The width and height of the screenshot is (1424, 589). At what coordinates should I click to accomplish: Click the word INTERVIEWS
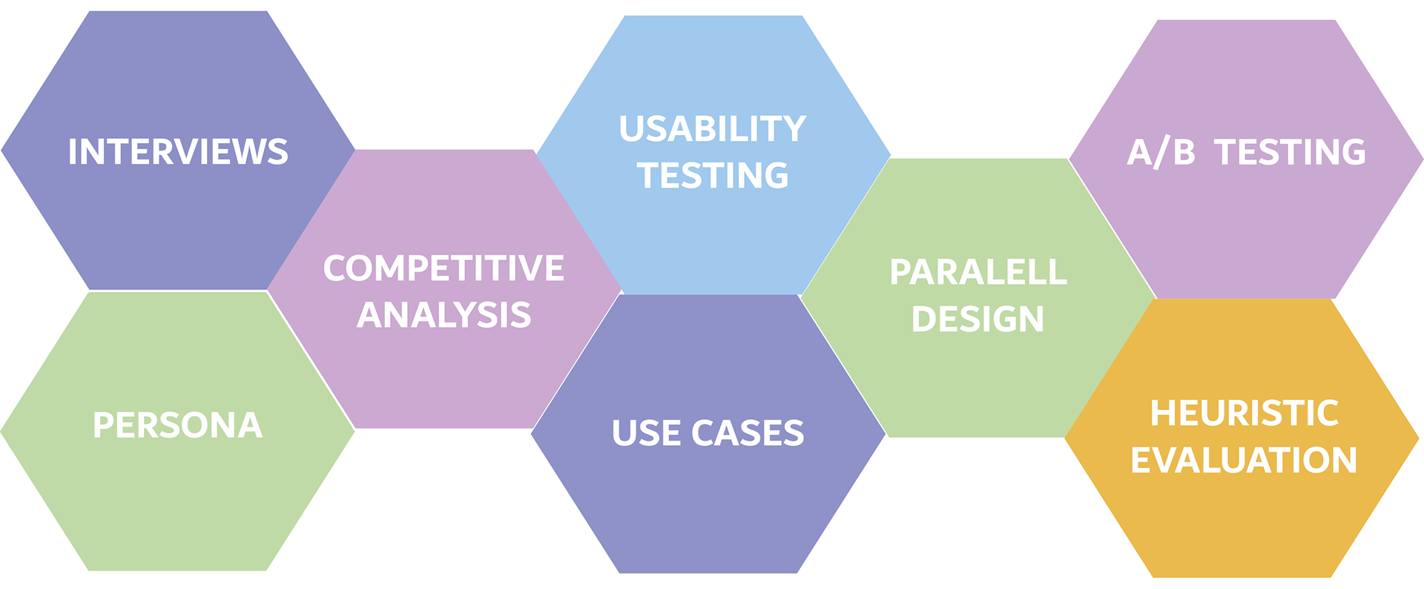(x=178, y=152)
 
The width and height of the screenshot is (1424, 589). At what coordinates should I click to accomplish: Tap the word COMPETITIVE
(x=444, y=269)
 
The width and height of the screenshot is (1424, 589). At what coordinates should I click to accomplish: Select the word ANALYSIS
(x=444, y=315)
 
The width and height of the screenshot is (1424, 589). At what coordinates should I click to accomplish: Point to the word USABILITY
(x=713, y=129)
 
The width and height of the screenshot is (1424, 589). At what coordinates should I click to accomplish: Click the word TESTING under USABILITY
(x=713, y=176)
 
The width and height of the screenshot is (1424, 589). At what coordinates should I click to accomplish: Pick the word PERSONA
(x=178, y=426)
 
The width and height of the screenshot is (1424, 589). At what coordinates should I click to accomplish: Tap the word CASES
(x=748, y=433)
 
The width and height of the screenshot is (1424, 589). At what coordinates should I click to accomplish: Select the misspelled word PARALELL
(x=978, y=273)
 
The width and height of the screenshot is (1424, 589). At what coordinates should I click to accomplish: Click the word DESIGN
(x=978, y=320)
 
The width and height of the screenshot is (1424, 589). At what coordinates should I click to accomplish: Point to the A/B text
(x=1161, y=152)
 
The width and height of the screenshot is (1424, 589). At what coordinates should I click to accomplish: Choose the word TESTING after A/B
(x=1290, y=152)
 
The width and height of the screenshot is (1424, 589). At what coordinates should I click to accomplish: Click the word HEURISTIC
(x=1245, y=414)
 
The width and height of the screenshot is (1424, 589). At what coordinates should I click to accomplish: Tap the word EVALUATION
(x=1244, y=461)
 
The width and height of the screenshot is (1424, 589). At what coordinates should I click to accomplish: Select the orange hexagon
(x=1242, y=438)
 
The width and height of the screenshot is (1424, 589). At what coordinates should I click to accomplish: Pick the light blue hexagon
(x=713, y=155)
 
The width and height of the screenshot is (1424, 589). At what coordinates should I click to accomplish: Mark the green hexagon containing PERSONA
(x=178, y=431)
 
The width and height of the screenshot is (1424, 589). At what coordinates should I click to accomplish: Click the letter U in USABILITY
(x=632, y=129)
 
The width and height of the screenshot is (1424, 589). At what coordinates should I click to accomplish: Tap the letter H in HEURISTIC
(x=1163, y=414)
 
